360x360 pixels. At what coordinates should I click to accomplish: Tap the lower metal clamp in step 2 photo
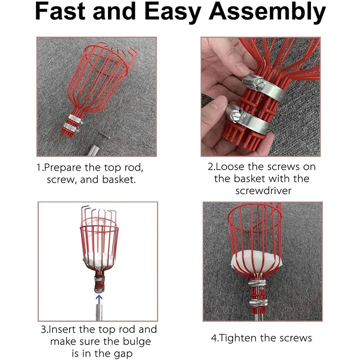248,118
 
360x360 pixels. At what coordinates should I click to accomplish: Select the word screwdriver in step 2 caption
263,190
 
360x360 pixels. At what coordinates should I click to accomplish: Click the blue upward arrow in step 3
99,299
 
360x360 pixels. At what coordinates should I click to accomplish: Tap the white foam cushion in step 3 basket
99,259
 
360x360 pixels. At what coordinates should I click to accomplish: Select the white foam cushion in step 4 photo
256,261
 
